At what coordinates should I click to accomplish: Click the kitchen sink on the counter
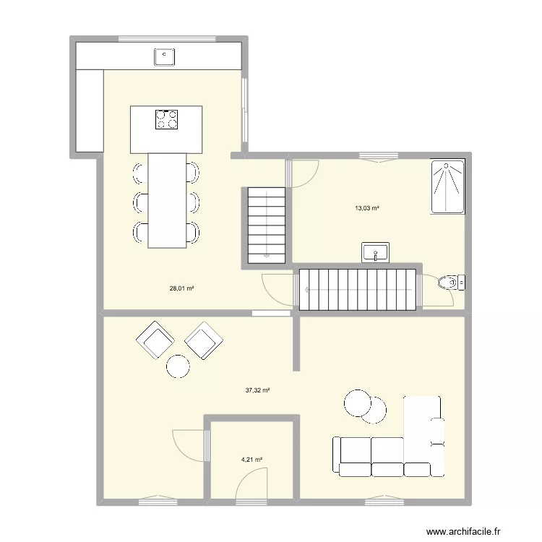pyautogui.click(x=165, y=55)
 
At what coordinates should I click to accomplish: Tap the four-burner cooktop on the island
pyautogui.click(x=166, y=119)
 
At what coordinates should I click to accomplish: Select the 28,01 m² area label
pyautogui.click(x=181, y=288)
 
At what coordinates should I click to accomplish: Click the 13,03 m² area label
pyautogui.click(x=366, y=208)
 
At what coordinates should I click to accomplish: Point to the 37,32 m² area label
pyautogui.click(x=257, y=390)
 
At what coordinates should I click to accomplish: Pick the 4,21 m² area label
pyautogui.click(x=251, y=459)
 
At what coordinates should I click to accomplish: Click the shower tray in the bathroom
pyautogui.click(x=448, y=187)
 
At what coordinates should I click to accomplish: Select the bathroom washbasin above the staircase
pyautogui.click(x=375, y=253)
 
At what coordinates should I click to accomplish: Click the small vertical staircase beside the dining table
pyautogui.click(x=267, y=225)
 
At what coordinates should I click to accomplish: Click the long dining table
pyautogui.click(x=167, y=200)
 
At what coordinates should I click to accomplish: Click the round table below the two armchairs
pyautogui.click(x=178, y=366)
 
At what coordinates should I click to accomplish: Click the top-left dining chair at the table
pyautogui.click(x=139, y=171)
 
